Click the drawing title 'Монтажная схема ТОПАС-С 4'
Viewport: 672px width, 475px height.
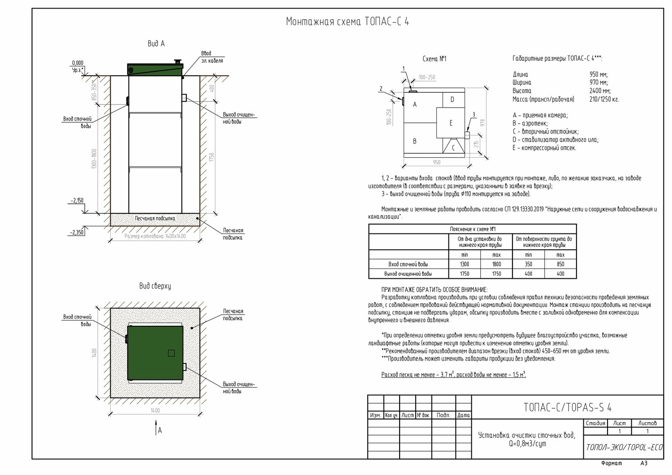click(x=347, y=22)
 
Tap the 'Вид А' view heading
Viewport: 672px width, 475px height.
click(x=156, y=44)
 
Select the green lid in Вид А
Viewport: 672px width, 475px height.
click(x=155, y=69)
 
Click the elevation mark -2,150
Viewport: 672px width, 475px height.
click(x=76, y=201)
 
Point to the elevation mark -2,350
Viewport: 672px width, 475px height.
click(x=76, y=232)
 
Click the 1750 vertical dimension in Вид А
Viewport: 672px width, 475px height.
click(x=212, y=158)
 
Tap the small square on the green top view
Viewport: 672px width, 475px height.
click(x=171, y=353)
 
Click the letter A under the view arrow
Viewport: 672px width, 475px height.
click(x=160, y=430)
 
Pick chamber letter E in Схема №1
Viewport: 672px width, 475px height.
click(x=451, y=123)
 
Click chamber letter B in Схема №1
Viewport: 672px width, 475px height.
click(x=414, y=141)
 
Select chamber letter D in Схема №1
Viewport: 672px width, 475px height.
click(x=452, y=99)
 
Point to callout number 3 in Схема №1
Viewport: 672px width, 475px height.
click(x=474, y=115)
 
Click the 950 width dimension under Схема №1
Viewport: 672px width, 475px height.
click(x=436, y=163)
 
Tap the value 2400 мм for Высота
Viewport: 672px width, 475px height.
click(x=600, y=91)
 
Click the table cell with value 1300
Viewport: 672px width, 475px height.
click(x=464, y=264)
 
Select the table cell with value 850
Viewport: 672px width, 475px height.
click(x=560, y=264)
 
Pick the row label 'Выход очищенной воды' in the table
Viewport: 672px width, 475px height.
click(x=408, y=274)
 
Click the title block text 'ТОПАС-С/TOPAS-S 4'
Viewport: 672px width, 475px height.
click(x=568, y=407)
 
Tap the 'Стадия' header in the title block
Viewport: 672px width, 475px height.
click(x=595, y=423)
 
